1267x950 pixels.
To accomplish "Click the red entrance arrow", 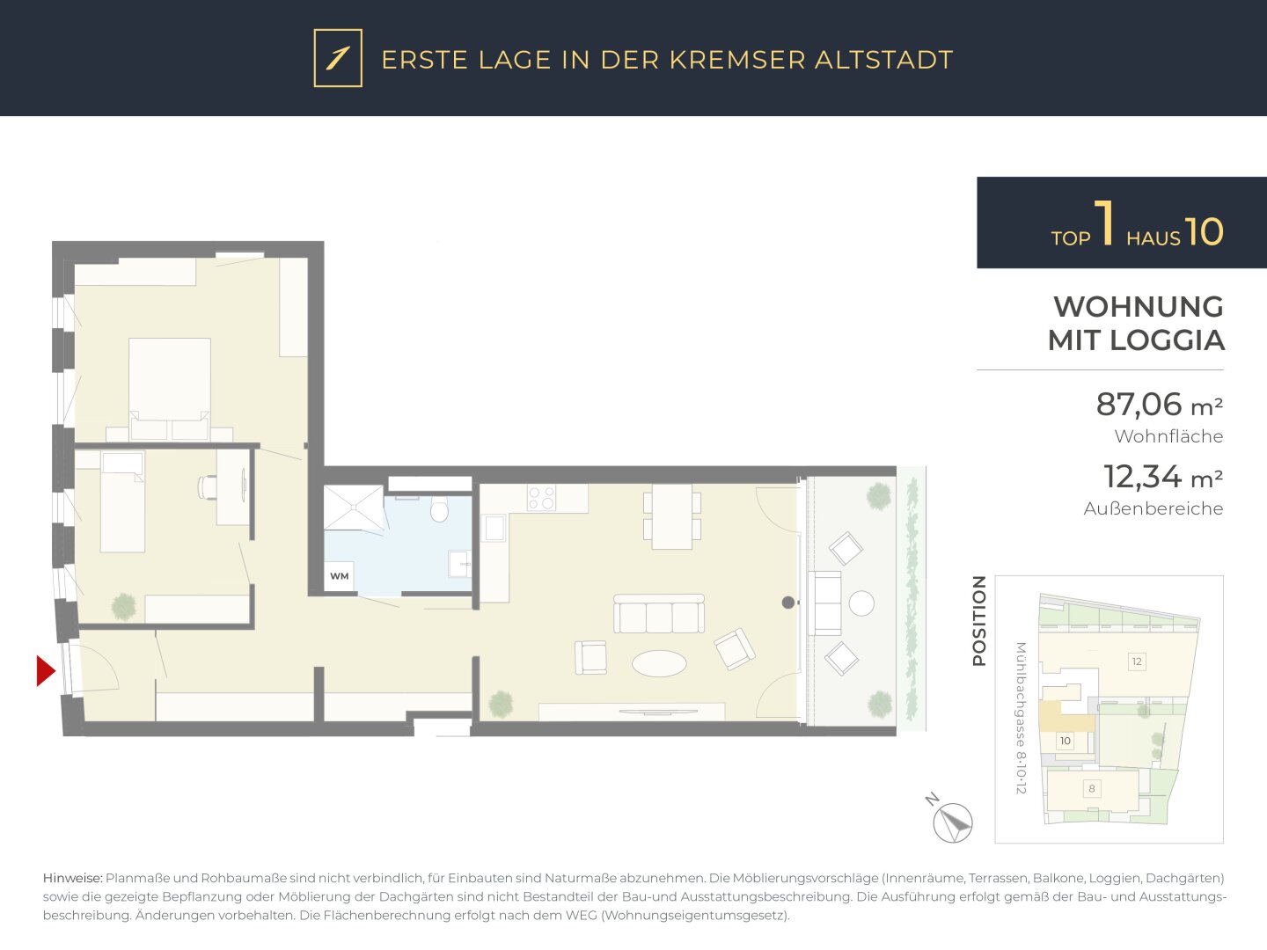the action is [x=45, y=671].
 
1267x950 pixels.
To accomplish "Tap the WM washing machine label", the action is [x=340, y=576].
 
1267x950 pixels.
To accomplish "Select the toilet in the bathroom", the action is [x=439, y=508].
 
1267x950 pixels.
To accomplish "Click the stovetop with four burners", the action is [x=541, y=498].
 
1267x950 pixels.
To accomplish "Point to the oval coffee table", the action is [x=659, y=663].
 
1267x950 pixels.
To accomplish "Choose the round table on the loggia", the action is [x=861, y=603].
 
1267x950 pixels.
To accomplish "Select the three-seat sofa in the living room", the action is [x=659, y=614].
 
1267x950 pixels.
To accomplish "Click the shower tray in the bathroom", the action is [x=353, y=508].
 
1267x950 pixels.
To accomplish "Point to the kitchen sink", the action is [x=494, y=529].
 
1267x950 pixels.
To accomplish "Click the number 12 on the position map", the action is [x=1137, y=661].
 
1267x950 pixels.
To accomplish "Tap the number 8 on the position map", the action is [x=1092, y=788].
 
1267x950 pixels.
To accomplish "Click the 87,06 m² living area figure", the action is [x=1159, y=405].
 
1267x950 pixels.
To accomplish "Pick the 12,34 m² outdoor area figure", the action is [x=1162, y=477].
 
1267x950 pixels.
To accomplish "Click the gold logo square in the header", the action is [x=338, y=58].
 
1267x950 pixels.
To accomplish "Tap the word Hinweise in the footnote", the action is [x=72, y=879].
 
